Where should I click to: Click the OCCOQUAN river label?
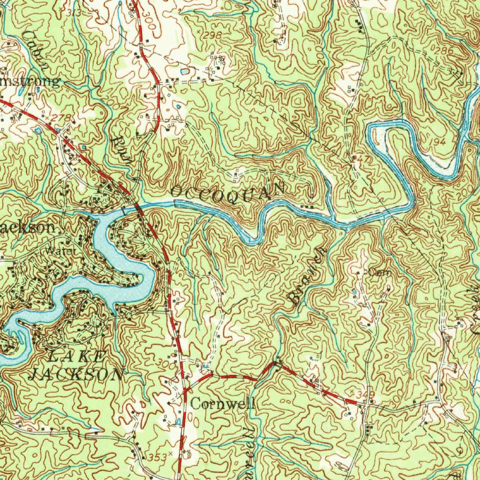tap(228, 190)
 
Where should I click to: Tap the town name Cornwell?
tap(223, 403)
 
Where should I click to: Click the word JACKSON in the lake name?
tap(76, 374)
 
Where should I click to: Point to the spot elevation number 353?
tap(155, 456)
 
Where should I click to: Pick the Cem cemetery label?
tap(381, 272)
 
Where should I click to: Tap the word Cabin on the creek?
tap(37, 50)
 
